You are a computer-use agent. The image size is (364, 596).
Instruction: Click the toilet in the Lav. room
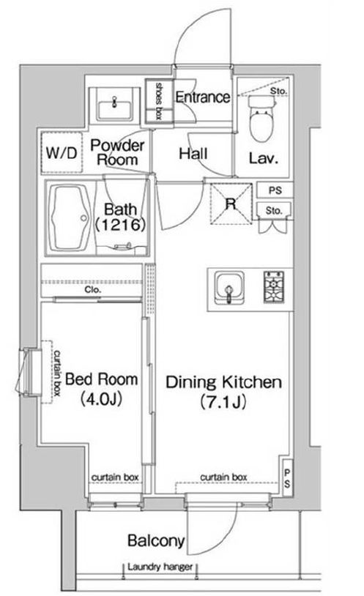pyautogui.click(x=261, y=119)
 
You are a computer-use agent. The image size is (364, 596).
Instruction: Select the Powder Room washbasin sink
pyautogui.click(x=114, y=105)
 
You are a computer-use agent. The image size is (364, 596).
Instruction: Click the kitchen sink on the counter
pyautogui.click(x=229, y=288)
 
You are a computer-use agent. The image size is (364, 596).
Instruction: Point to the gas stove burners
pyautogui.click(x=274, y=287)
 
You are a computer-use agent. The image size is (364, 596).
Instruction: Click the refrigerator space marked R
pyautogui.click(x=231, y=204)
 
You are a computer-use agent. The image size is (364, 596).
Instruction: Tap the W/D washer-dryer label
pyautogui.click(x=62, y=153)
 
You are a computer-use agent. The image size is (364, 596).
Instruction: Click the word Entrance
pyautogui.click(x=203, y=97)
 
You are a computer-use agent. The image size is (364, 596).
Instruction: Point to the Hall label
pyautogui.click(x=193, y=154)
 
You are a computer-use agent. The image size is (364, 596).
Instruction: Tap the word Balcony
pyautogui.click(x=156, y=540)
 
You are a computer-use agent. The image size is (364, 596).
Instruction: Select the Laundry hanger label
pyautogui.click(x=160, y=567)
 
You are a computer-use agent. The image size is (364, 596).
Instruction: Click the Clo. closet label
pyautogui.click(x=93, y=290)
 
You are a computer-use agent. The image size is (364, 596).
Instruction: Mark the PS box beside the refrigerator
pyautogui.click(x=275, y=190)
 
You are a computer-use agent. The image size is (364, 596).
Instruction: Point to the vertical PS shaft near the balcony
pyautogui.click(x=287, y=478)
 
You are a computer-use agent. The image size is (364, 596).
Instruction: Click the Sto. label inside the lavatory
pyautogui.click(x=278, y=92)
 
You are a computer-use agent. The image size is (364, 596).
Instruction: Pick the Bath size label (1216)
pyautogui.click(x=120, y=225)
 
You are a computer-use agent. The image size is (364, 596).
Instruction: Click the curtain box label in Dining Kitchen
pyautogui.click(x=223, y=477)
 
